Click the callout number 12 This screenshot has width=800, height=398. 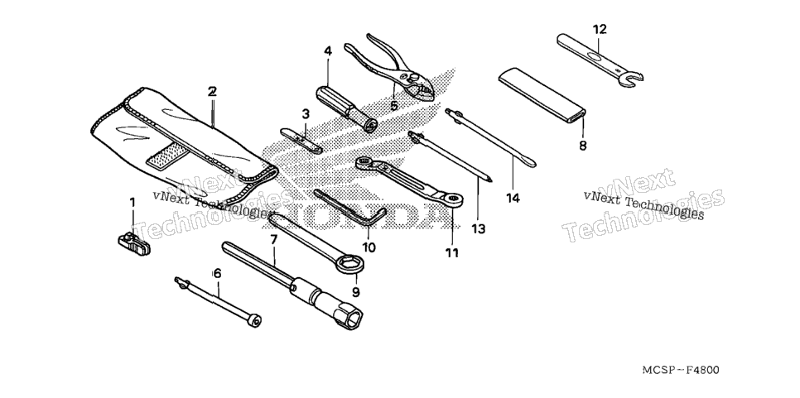pyautogui.click(x=600, y=30)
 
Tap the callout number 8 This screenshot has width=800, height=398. pyautogui.click(x=583, y=146)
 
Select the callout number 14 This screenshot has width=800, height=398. pyautogui.click(x=513, y=198)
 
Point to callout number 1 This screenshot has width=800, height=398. pyautogui.click(x=133, y=203)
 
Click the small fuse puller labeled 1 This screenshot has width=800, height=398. pyautogui.click(x=133, y=243)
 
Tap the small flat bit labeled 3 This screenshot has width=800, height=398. pyautogui.click(x=301, y=140)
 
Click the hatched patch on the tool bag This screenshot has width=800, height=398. pyautogui.click(x=164, y=156)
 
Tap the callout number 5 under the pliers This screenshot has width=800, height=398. pyautogui.click(x=393, y=105)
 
